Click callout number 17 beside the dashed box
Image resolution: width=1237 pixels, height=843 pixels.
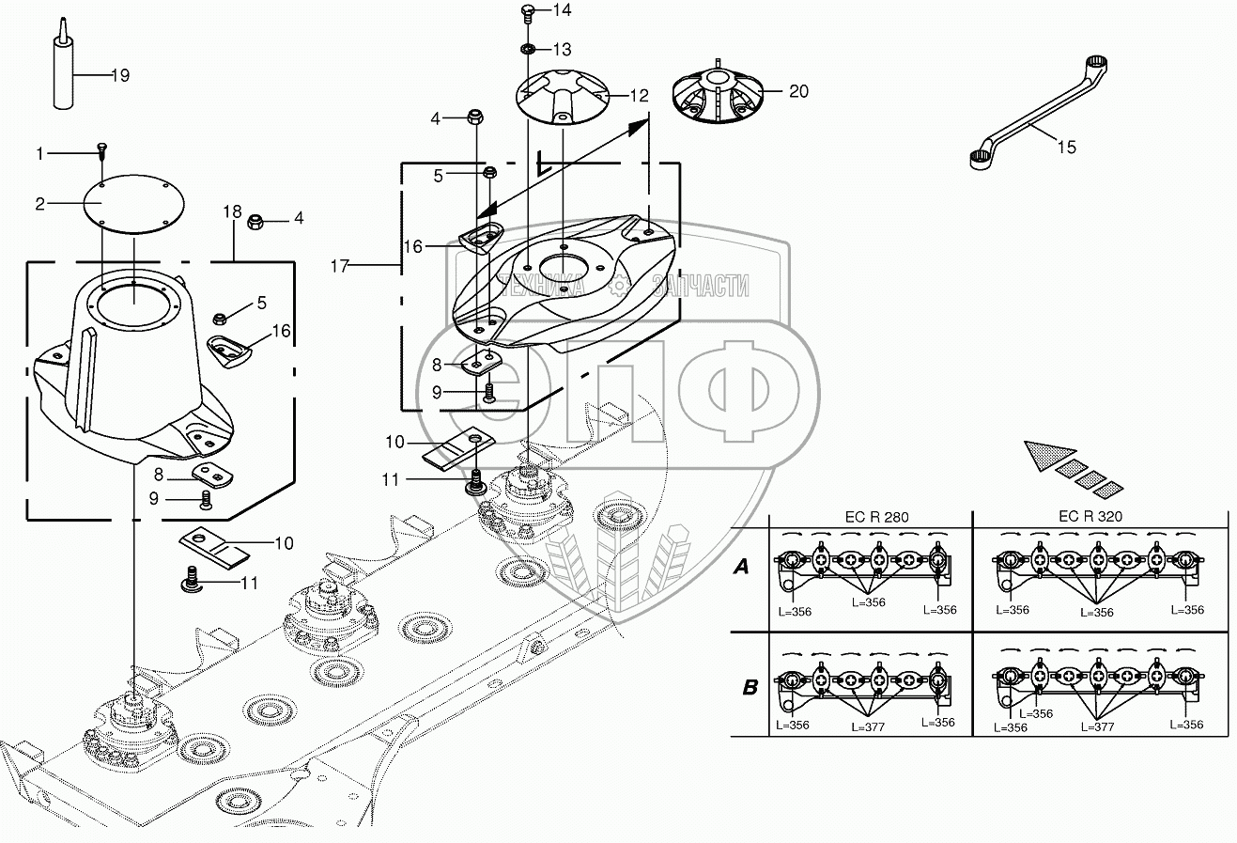click(339, 267)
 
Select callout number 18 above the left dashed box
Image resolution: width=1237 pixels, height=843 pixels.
click(232, 213)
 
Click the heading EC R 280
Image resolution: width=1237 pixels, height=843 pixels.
click(870, 517)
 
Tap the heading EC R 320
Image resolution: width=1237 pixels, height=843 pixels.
click(1090, 517)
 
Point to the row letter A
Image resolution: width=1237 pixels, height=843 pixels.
click(742, 567)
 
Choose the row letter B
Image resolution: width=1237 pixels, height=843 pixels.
click(750, 687)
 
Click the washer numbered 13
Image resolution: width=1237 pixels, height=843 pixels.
click(529, 48)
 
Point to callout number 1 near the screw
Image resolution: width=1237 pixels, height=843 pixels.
click(39, 153)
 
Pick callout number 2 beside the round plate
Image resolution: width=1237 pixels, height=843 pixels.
click(39, 202)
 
